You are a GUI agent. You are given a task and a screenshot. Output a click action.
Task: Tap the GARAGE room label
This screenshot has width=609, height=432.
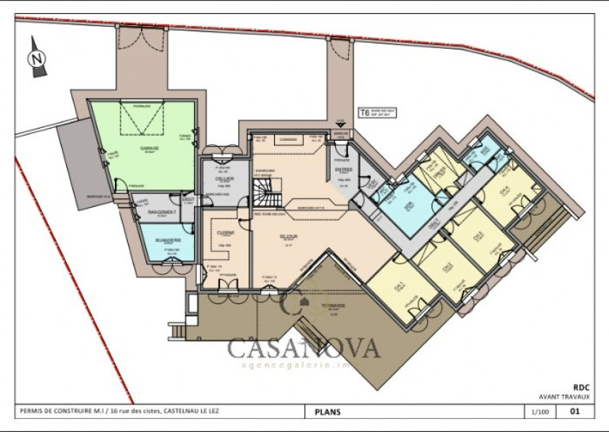point(150,147)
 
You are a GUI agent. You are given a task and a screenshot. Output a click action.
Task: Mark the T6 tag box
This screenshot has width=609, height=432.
point(364,113)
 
